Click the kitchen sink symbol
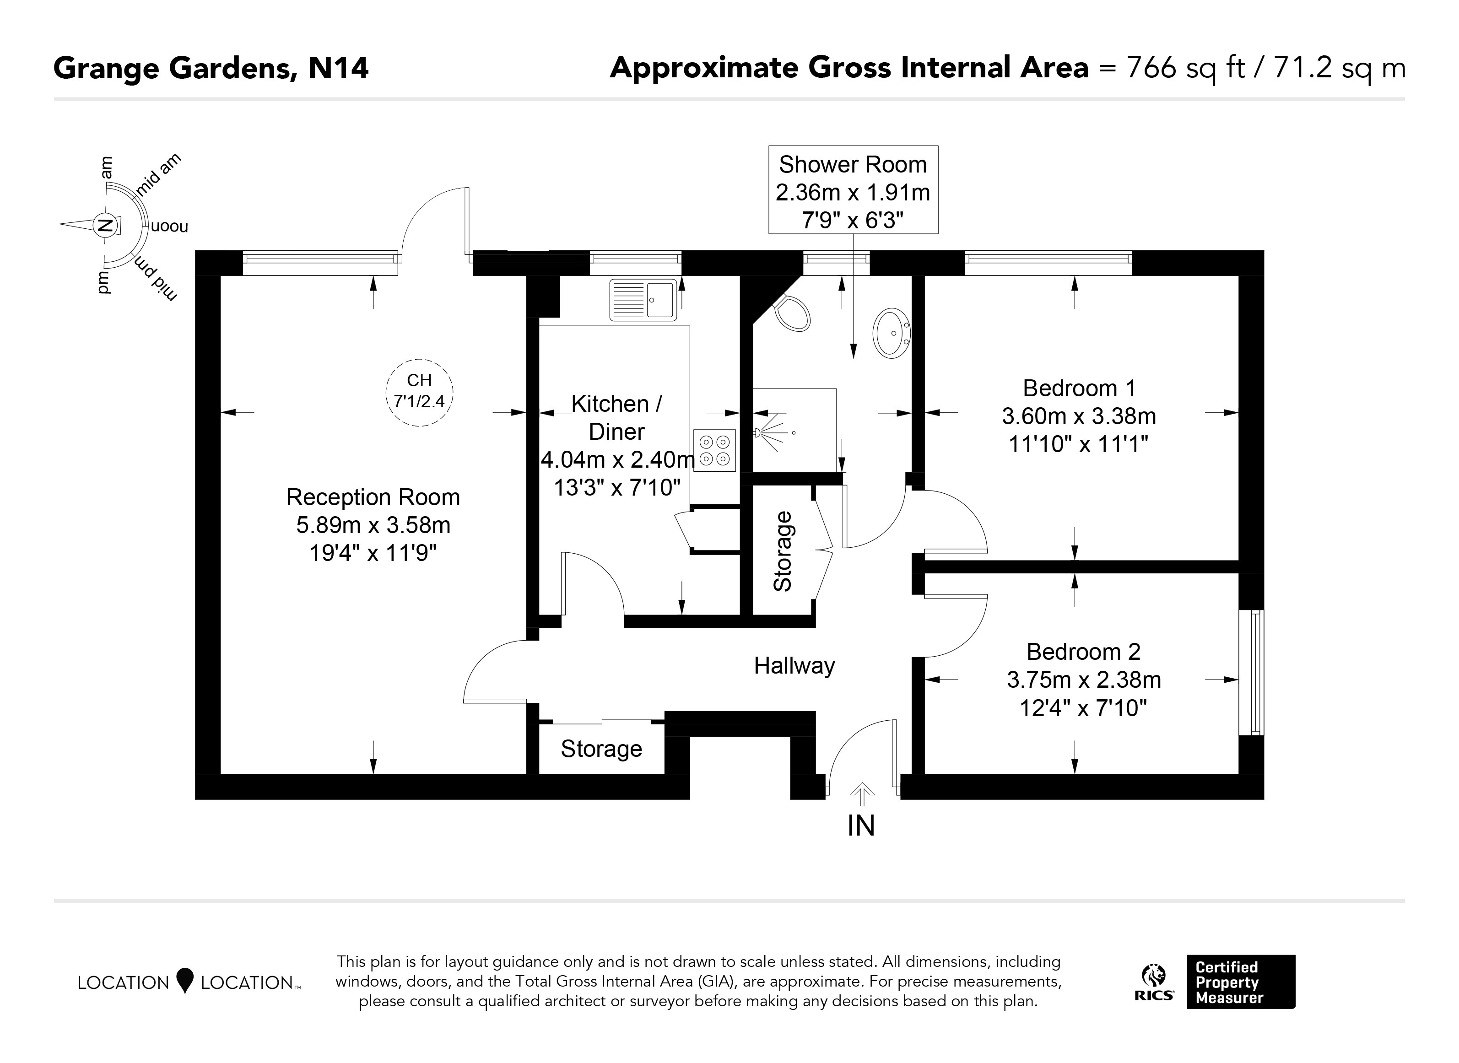coord(643,299)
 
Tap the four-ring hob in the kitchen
coord(714,450)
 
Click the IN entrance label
coord(861,826)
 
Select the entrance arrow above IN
coord(862,795)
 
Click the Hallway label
coord(794,665)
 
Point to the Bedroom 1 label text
coord(1079,388)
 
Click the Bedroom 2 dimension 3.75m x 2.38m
coord(1084,680)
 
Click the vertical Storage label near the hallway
coord(783,551)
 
